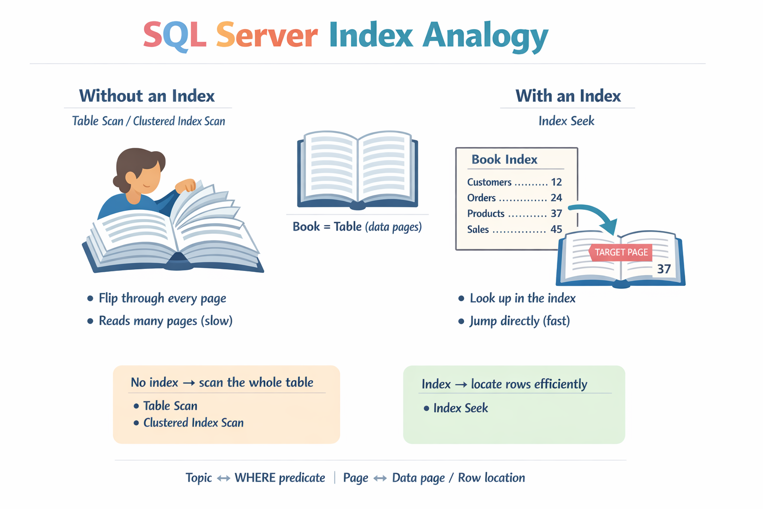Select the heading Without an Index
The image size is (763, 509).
(x=147, y=95)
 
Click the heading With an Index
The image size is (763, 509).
(x=568, y=95)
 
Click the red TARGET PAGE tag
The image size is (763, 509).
(x=620, y=252)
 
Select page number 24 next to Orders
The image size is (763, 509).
(x=556, y=198)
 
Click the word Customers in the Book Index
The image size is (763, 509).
(x=489, y=182)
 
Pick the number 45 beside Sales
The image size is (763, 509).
(x=556, y=230)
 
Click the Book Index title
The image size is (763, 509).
(x=504, y=160)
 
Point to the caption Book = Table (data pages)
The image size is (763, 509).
(x=357, y=227)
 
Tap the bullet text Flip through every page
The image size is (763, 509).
(x=162, y=298)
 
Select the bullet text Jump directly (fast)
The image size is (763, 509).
(x=519, y=321)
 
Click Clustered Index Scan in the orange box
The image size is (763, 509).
(x=193, y=423)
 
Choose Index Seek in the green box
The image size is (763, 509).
(x=460, y=408)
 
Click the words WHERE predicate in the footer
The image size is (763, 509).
(x=280, y=478)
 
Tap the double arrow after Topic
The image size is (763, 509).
(x=224, y=478)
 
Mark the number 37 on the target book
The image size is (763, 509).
(x=664, y=269)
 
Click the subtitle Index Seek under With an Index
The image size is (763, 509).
(x=566, y=121)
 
